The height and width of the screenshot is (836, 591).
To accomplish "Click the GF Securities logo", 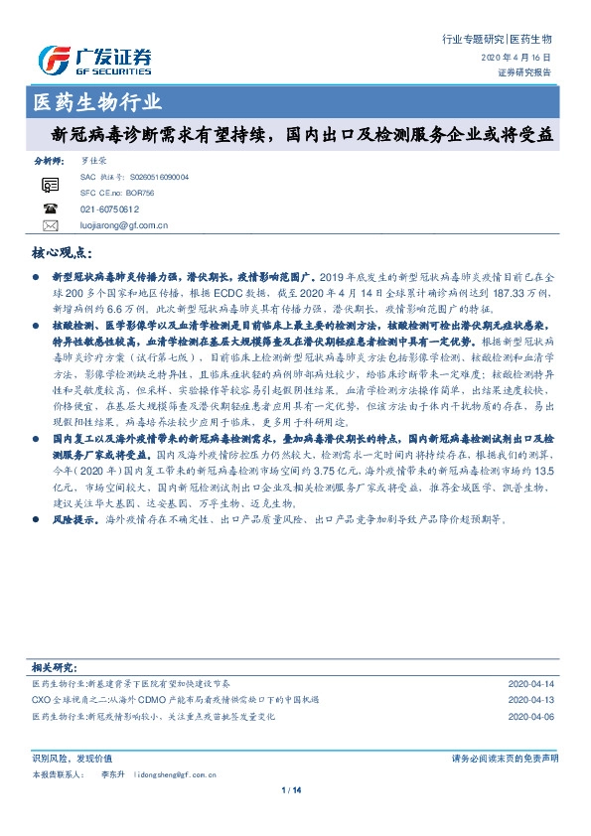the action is click(x=94, y=61).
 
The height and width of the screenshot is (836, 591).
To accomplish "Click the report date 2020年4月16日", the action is click(x=521, y=59).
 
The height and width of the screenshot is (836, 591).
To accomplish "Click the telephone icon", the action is click(x=51, y=209).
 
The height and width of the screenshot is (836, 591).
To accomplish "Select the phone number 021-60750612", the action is click(x=108, y=209).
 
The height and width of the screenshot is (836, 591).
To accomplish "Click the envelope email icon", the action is click(x=51, y=225).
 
